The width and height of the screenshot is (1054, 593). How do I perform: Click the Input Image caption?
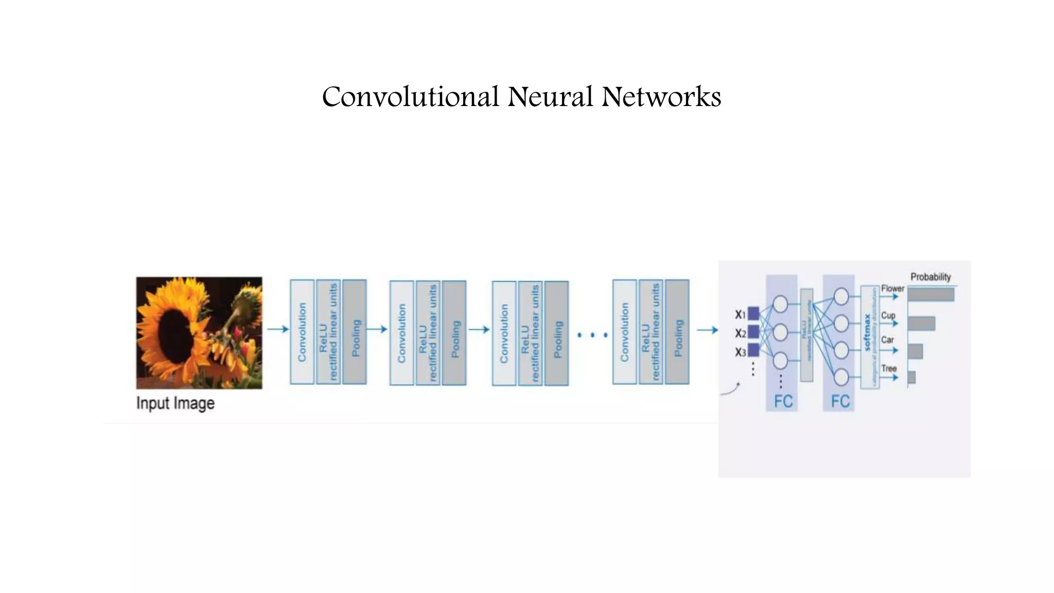click(175, 403)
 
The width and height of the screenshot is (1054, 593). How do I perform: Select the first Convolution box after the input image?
click(302, 332)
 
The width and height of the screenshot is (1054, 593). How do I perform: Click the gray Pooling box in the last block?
click(677, 332)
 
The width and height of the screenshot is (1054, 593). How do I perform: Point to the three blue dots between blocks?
click(592, 335)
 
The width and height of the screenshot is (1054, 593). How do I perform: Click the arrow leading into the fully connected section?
click(707, 330)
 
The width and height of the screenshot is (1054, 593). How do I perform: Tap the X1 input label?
click(740, 314)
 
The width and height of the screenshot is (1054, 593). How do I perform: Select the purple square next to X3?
click(753, 351)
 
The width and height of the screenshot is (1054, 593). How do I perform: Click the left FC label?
click(783, 402)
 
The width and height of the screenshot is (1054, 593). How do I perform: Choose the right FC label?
click(840, 402)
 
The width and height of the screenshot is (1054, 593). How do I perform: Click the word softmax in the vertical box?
click(867, 333)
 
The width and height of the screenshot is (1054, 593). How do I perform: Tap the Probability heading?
click(930, 277)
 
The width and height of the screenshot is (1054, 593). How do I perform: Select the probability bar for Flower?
click(930, 294)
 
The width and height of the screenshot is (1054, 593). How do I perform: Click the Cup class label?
click(888, 315)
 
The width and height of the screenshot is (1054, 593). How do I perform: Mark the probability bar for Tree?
click(911, 377)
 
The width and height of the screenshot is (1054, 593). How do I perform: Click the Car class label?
click(887, 340)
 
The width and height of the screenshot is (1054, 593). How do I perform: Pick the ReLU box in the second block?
click(428, 333)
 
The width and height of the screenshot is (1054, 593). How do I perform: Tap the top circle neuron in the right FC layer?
click(841, 296)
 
